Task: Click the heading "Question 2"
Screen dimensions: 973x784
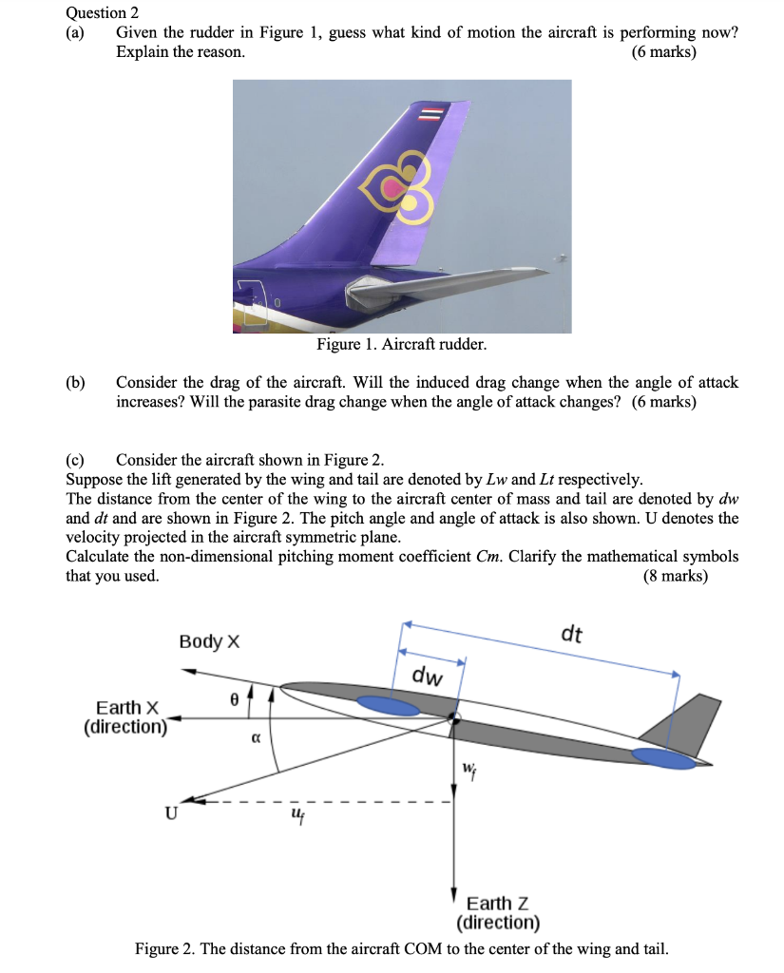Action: point(103,12)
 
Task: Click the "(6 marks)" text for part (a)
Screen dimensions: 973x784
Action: point(663,52)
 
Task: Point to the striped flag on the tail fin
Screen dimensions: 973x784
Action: point(432,114)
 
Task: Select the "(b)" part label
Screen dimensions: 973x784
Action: point(75,383)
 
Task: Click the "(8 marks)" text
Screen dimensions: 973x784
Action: point(676,576)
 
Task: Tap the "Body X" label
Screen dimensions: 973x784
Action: point(209,642)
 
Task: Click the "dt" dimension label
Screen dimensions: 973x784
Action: point(571,634)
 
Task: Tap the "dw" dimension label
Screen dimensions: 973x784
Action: point(428,677)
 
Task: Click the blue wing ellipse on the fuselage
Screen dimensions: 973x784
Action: point(387,705)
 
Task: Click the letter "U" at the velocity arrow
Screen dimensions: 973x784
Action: point(171,813)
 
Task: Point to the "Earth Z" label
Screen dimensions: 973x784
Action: point(498,903)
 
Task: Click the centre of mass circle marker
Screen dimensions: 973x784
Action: point(454,718)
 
